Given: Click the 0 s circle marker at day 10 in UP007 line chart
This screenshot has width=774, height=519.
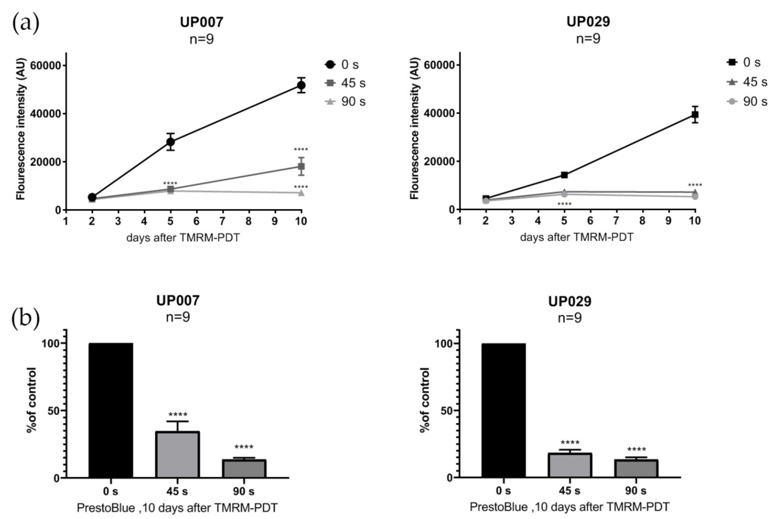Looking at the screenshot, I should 301,85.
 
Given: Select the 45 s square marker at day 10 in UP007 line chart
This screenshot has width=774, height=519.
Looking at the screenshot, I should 301,166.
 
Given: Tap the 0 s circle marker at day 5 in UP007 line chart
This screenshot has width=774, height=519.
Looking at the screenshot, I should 170,142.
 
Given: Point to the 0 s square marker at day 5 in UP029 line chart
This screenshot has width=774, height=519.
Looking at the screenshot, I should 564,175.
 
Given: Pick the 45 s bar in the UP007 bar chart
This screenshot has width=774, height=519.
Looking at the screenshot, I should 177,454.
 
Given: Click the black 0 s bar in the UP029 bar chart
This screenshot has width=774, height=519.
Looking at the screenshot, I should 503,410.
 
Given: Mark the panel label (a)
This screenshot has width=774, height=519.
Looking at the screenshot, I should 25,23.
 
